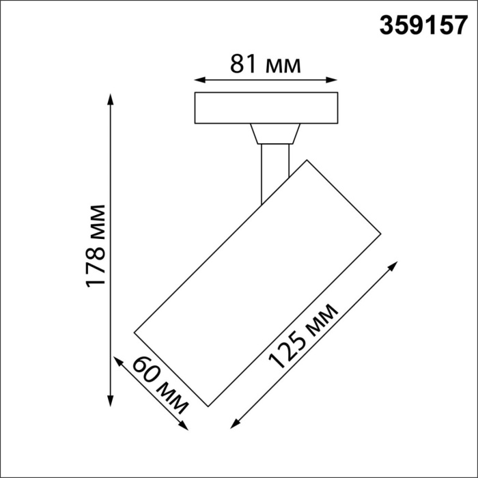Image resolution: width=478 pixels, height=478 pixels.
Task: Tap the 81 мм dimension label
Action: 266,65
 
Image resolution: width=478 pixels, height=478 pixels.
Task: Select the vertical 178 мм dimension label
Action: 95,246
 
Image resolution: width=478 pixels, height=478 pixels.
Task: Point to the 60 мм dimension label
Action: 160,385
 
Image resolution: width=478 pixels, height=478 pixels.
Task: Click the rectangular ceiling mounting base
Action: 266,107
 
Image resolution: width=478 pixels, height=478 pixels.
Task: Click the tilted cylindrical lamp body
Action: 257,283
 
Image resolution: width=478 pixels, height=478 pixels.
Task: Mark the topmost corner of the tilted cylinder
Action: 307,160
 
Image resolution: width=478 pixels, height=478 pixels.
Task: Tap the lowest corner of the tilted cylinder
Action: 208,405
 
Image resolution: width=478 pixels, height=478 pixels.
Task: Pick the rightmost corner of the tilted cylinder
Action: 380,235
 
